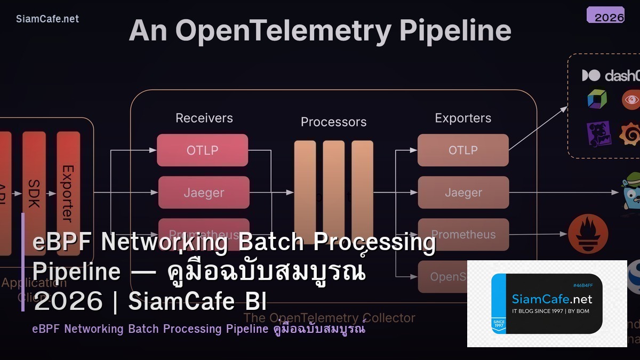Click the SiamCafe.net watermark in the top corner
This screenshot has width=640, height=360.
tap(47, 19)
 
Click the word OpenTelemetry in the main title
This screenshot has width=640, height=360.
tap(283, 31)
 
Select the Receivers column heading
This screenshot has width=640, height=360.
tap(204, 118)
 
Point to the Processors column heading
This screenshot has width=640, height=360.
tap(333, 122)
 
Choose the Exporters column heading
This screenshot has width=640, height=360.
tap(463, 118)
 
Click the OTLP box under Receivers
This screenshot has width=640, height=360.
tap(202, 150)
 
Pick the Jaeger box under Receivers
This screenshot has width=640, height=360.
tap(204, 193)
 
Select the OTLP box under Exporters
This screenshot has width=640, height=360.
tap(463, 150)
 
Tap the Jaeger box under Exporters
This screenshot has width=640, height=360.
tap(463, 193)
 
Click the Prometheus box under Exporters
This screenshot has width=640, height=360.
tap(463, 235)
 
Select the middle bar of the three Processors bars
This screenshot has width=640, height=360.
tap(333, 192)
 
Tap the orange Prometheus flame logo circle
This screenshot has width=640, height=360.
tap(588, 234)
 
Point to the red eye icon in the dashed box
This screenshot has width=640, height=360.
tap(631, 100)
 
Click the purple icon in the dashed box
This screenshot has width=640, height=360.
tap(598, 134)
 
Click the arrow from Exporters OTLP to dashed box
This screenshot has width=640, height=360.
tap(539, 128)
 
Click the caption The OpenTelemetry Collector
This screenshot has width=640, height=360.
tap(329, 318)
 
